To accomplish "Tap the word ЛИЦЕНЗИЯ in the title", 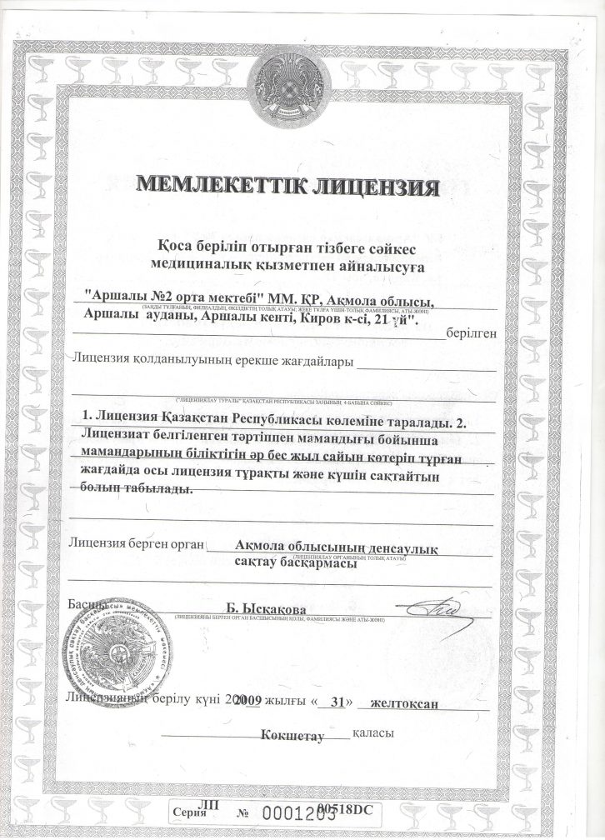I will (376, 186).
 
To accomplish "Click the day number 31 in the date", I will (337, 702).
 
